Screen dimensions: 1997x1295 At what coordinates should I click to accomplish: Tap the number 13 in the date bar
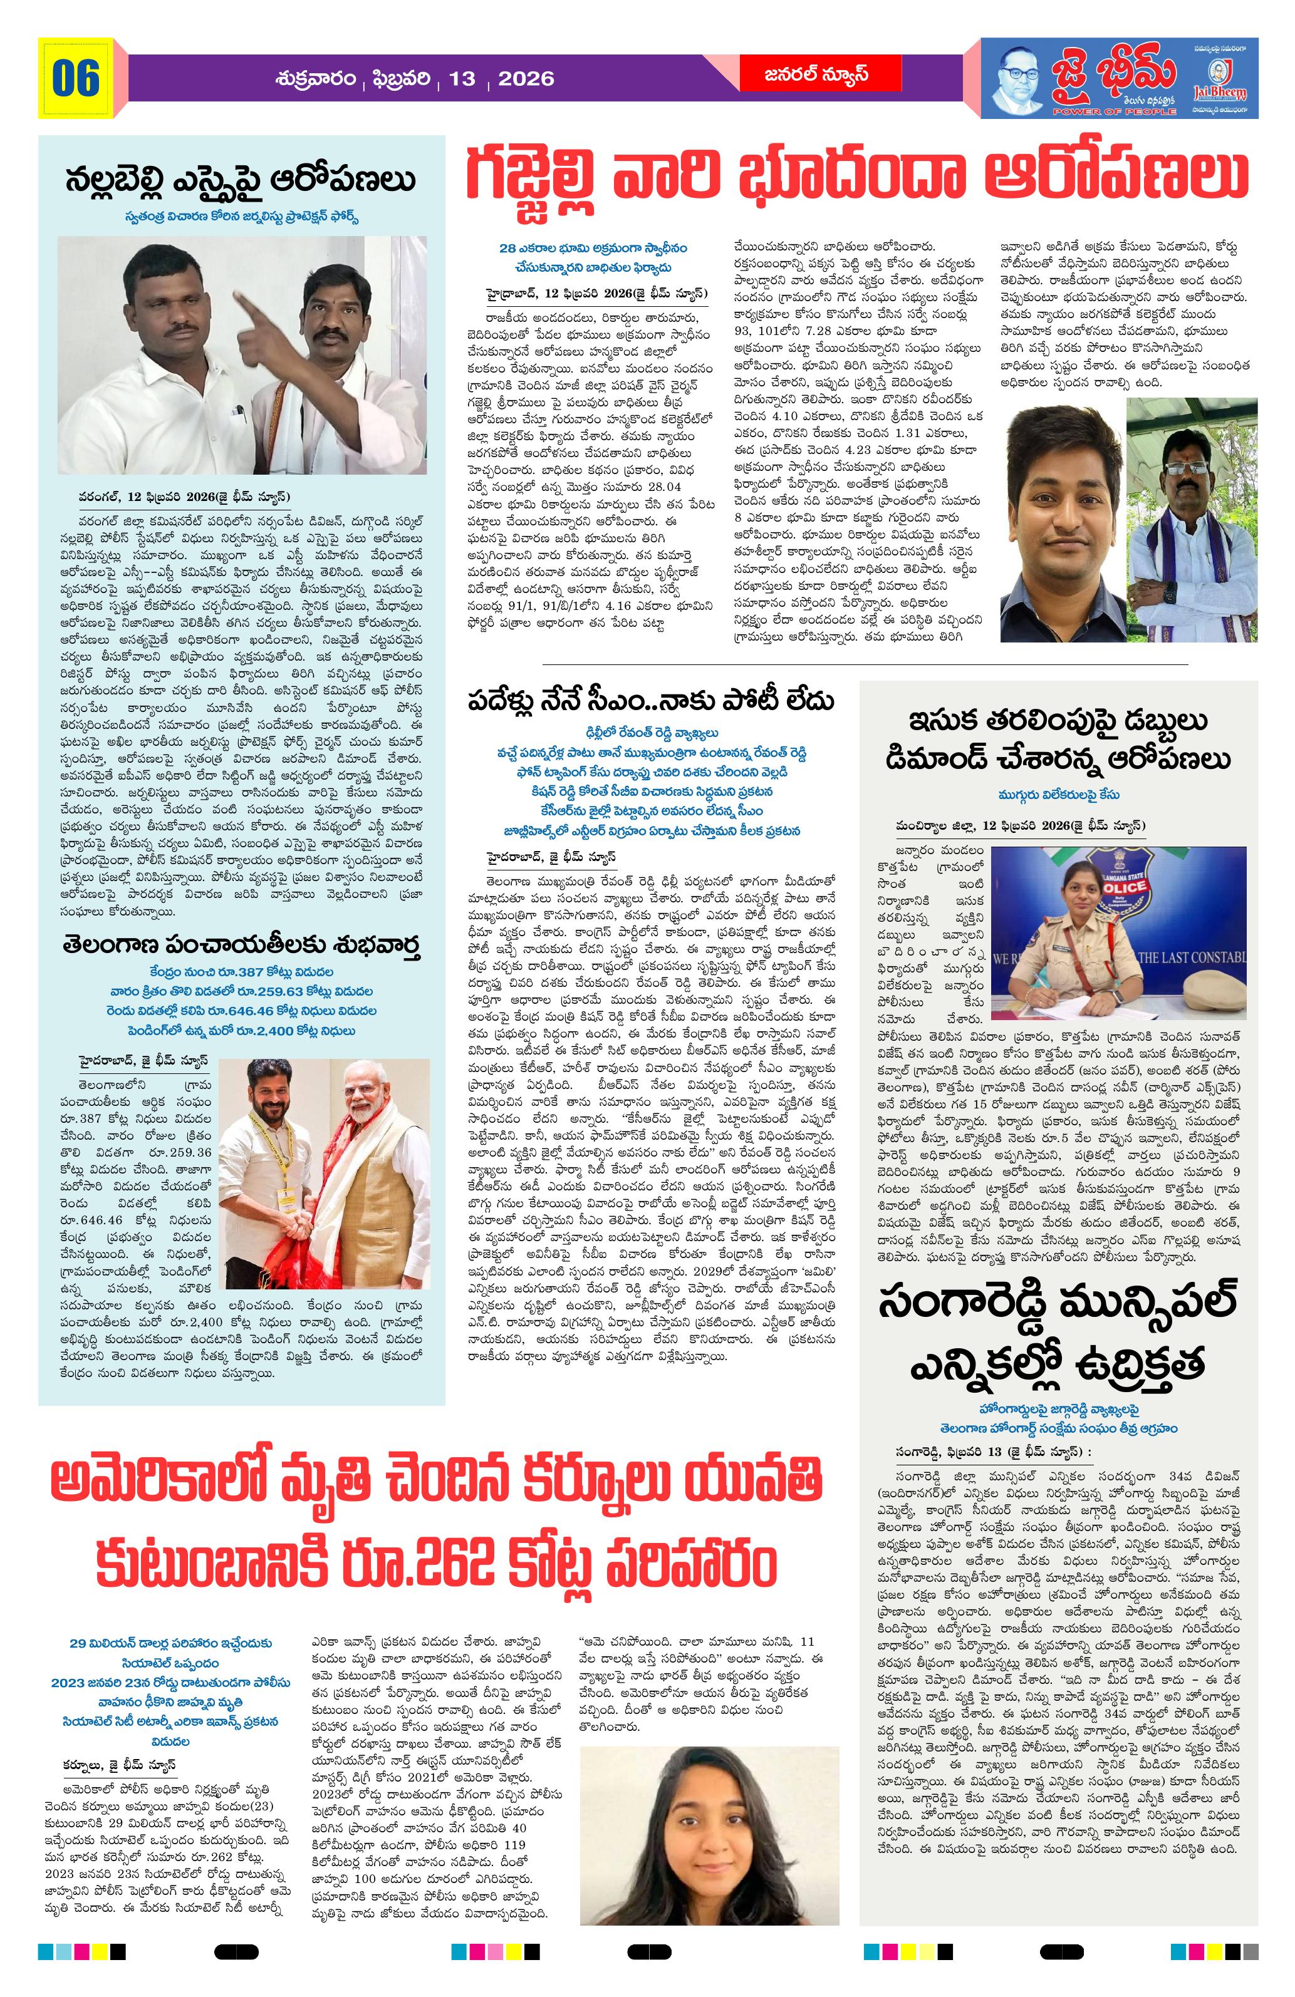click(462, 79)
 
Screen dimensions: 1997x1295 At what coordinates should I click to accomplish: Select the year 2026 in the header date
click(526, 79)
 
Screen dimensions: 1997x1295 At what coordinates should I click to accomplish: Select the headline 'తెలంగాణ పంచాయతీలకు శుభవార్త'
click(240, 946)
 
